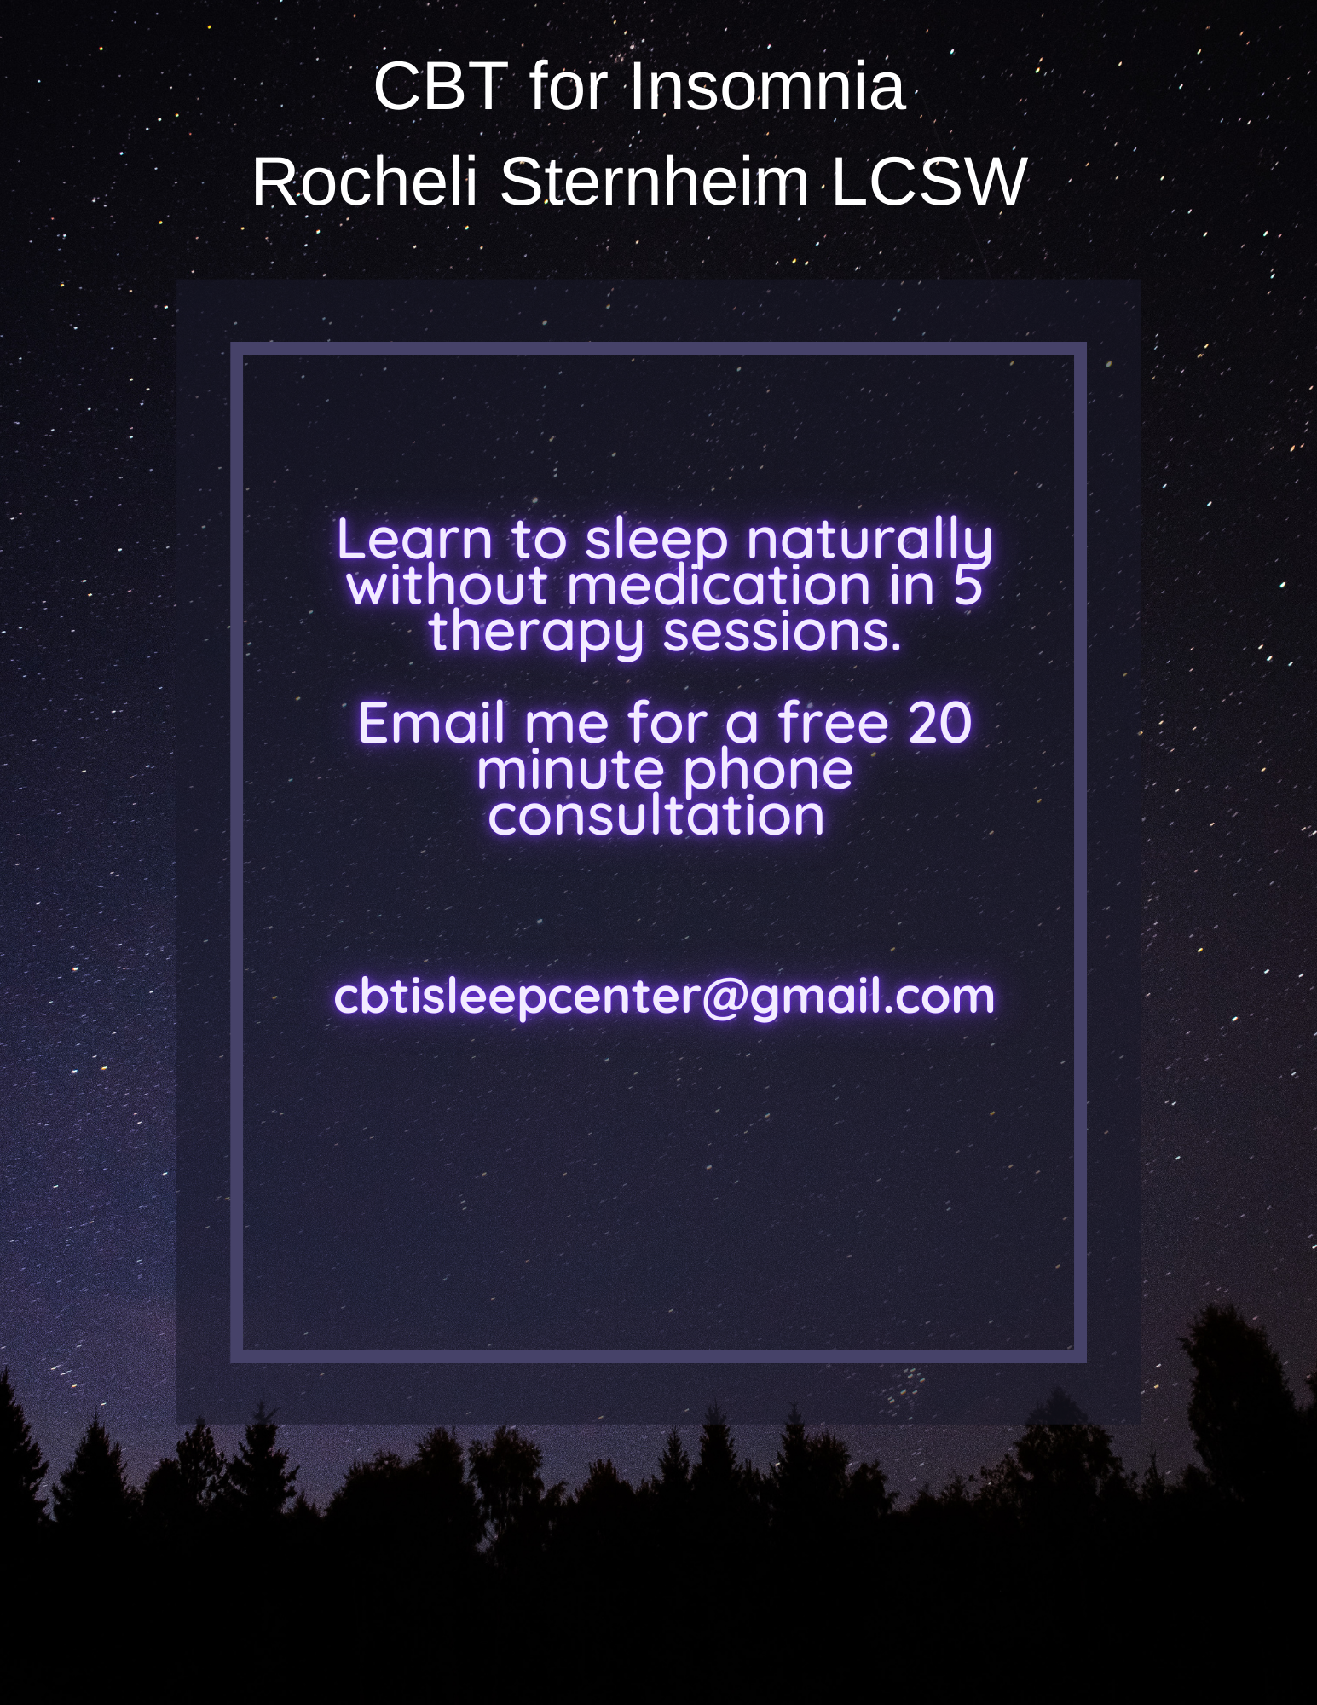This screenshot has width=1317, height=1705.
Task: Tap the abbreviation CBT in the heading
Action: coord(441,86)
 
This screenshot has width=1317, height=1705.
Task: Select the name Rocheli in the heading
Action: coord(365,181)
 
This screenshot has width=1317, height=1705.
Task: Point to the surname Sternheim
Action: coord(654,181)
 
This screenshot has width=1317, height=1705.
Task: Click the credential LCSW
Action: coord(928,181)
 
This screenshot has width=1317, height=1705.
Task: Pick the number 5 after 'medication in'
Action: coord(968,587)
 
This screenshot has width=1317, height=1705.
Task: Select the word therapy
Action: coord(536,633)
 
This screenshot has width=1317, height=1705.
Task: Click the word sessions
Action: coord(783,633)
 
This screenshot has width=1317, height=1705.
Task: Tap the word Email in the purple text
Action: coord(434,723)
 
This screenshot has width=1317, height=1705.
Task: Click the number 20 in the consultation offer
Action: coord(939,723)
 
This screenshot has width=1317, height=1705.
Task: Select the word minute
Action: coord(569,770)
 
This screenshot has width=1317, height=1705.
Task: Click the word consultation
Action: coord(656,816)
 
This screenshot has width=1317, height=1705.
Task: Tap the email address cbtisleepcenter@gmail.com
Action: coord(664,997)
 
